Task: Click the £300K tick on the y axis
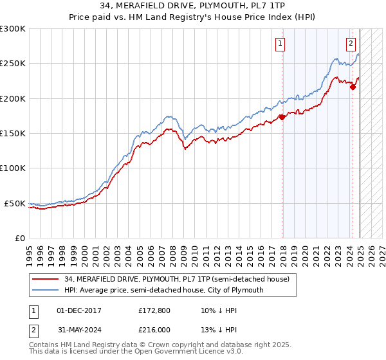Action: (13, 29)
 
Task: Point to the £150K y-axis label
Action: (13, 134)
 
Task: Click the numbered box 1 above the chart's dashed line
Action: (281, 44)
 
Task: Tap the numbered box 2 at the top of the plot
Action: (351, 44)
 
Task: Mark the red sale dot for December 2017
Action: (282, 118)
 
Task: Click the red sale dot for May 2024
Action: (353, 87)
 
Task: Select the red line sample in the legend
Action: (46, 279)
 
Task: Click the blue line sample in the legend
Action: (46, 290)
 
